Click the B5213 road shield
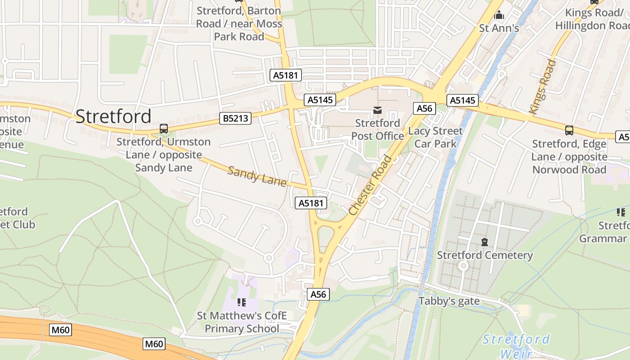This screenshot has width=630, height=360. [x=234, y=118]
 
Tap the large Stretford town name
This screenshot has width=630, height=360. [x=113, y=116]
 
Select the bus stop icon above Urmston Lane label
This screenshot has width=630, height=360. [x=164, y=129]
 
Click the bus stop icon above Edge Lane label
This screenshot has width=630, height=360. [x=569, y=130]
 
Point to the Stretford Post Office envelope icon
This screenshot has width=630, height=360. [x=377, y=110]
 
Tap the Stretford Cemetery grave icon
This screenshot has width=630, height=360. [x=485, y=242]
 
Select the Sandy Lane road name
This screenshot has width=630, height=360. [x=257, y=176]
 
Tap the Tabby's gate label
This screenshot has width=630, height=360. [x=449, y=301]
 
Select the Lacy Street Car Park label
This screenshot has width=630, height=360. [x=435, y=137]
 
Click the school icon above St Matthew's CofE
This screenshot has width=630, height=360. [x=242, y=302]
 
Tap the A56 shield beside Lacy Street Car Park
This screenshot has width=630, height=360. [x=424, y=108]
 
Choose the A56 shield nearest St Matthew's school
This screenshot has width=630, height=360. [x=319, y=294]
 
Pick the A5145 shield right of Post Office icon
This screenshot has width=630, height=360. [x=463, y=100]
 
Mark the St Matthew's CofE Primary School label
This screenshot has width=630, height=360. [x=242, y=322]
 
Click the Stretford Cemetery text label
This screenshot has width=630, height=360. [x=485, y=255]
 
